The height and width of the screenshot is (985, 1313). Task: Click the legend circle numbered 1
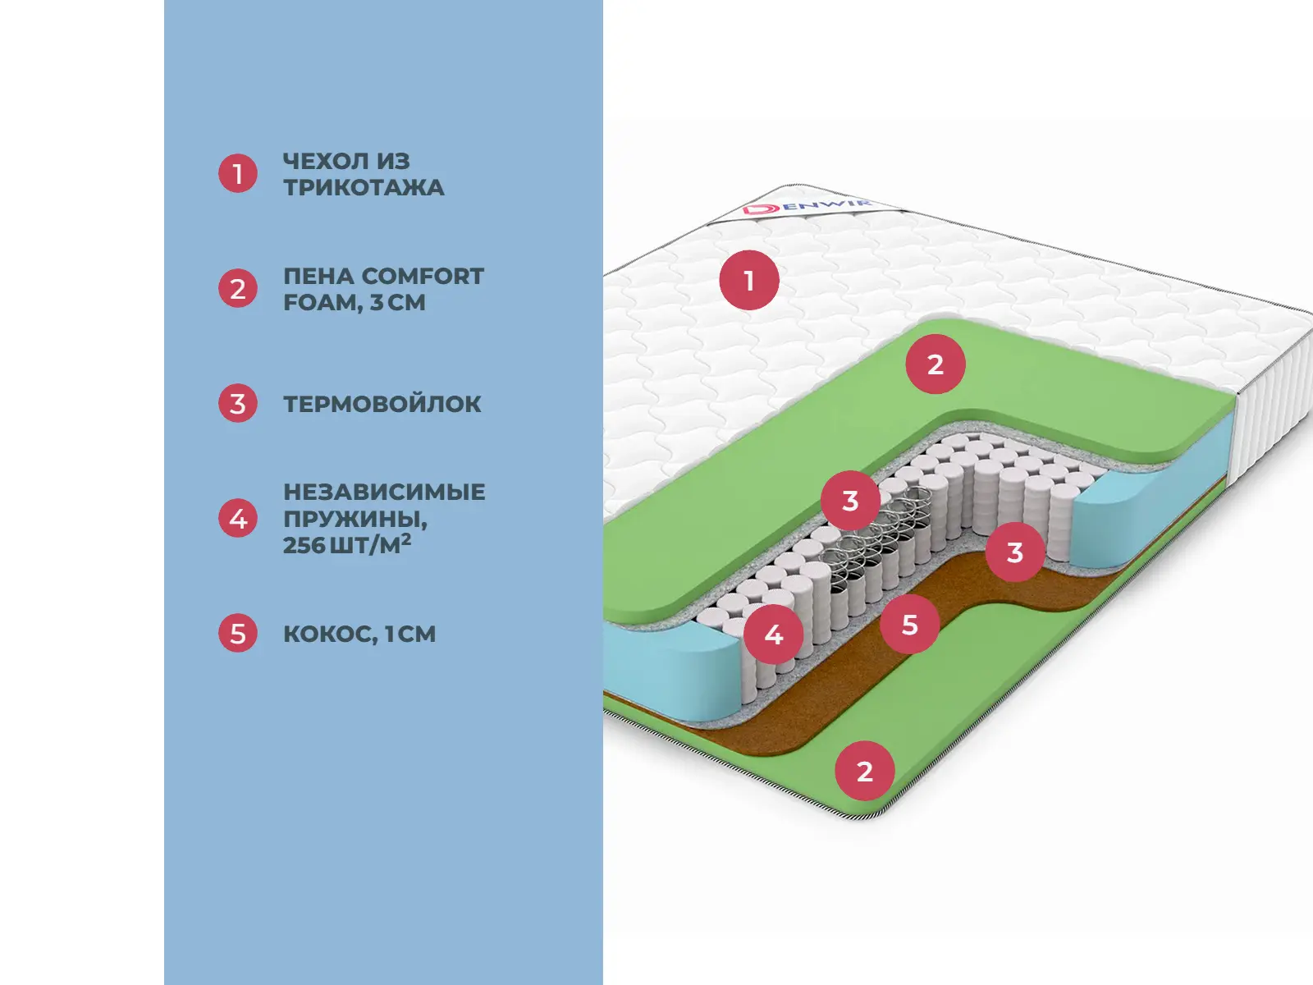tap(238, 174)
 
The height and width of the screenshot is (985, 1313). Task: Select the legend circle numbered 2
tap(238, 289)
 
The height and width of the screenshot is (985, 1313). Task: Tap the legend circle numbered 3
tap(238, 404)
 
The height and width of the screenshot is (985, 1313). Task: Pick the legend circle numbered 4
tap(238, 519)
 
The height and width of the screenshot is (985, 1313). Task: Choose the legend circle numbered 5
tap(238, 634)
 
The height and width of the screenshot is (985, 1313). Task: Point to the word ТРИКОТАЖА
tap(364, 188)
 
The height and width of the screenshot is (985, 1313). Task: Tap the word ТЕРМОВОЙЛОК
tap(382, 404)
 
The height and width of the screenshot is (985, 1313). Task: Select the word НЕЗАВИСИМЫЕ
tap(384, 492)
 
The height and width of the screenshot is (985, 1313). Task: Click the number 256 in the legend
tap(304, 545)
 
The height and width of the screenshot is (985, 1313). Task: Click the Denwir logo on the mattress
tap(807, 205)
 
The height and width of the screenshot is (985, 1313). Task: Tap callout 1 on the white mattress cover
tap(748, 281)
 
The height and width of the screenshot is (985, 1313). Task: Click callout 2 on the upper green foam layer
tap(936, 364)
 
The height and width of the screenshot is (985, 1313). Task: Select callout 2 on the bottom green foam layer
tap(864, 771)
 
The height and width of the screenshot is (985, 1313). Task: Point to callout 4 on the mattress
tap(774, 634)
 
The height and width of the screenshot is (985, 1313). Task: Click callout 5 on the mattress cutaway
tap(909, 625)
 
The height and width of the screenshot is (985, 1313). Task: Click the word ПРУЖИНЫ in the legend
tap(355, 519)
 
